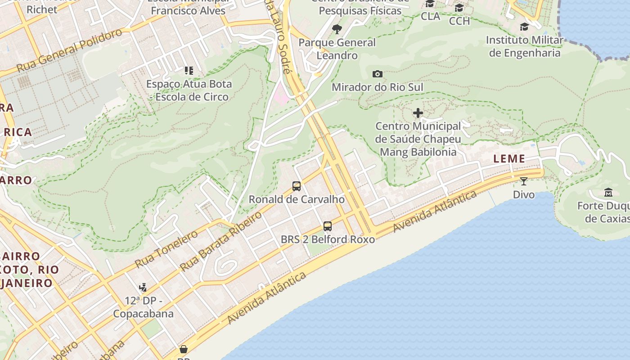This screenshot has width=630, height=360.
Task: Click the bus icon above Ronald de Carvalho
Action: (296, 186)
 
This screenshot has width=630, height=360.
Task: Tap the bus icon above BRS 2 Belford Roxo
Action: (328, 226)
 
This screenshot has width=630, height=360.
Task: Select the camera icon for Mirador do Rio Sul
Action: (378, 74)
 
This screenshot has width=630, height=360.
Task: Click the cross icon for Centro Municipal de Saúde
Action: (418, 113)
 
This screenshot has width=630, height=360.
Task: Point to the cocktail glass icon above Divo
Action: (524, 181)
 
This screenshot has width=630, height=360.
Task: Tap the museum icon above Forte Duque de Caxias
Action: (608, 193)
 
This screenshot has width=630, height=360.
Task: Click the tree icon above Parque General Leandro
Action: (337, 30)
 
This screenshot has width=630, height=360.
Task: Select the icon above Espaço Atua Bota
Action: (189, 71)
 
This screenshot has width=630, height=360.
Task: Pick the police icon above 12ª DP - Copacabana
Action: (143, 287)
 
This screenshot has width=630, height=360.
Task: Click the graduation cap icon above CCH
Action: (459, 8)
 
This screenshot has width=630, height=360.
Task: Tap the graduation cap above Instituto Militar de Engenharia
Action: (524, 27)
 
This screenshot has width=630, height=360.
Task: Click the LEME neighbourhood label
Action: (509, 158)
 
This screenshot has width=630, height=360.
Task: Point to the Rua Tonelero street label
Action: (166, 249)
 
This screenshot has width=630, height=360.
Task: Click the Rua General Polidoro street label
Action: (69, 50)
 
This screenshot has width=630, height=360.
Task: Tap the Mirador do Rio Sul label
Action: (378, 87)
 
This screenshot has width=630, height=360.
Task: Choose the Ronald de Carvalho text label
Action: (297, 199)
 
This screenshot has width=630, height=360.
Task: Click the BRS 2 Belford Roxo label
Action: (328, 239)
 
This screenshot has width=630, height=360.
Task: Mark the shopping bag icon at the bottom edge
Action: (184, 349)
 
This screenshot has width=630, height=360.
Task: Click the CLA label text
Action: (430, 16)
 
